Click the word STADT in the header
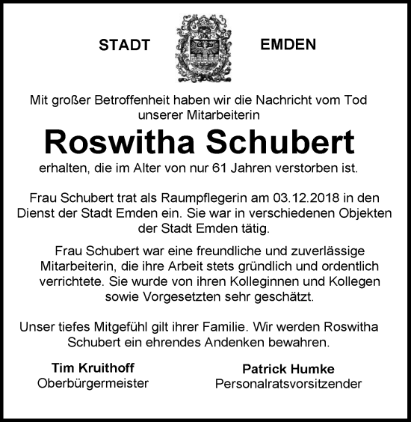124,45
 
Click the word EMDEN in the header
288,44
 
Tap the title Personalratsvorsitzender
288,384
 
